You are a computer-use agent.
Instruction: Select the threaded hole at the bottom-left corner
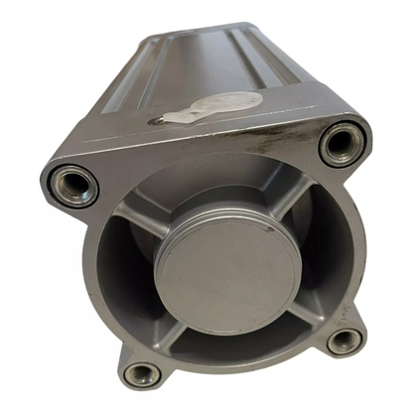(x=142, y=374)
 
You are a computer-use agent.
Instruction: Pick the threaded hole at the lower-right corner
(x=344, y=341)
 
